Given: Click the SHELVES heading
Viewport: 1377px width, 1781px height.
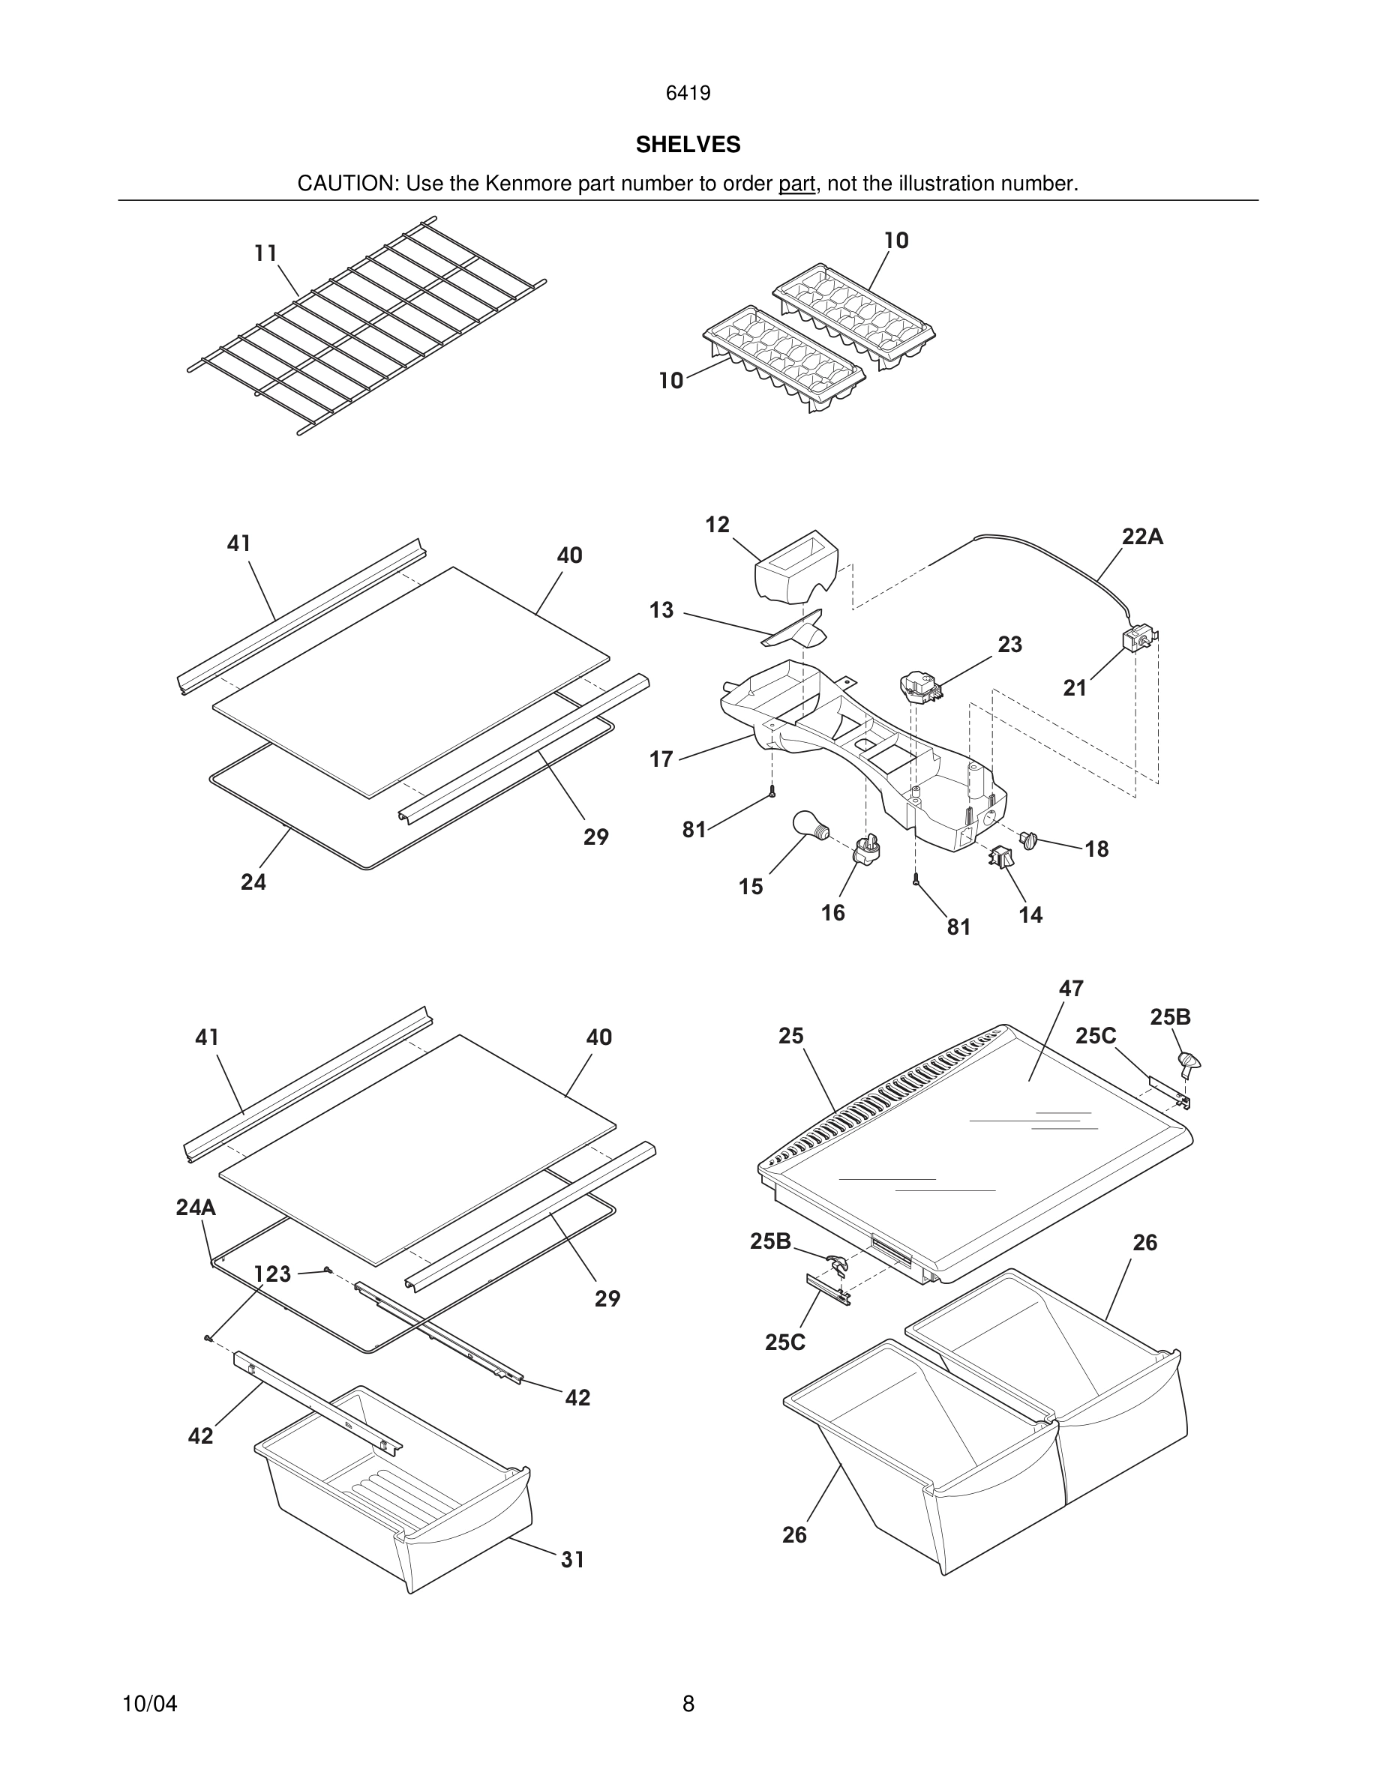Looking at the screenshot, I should (688, 145).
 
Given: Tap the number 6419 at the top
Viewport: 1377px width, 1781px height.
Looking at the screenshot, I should (688, 94).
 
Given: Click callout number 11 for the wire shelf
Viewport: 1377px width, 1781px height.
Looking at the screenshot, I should (265, 253).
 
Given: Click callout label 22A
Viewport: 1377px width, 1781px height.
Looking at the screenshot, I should (1142, 537).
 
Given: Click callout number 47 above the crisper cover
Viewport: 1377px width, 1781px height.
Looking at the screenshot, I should (1070, 989).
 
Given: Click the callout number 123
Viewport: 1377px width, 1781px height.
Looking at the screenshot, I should (272, 1274).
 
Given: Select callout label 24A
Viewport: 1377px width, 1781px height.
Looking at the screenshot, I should (196, 1208).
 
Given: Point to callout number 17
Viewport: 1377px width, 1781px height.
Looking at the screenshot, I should (661, 759).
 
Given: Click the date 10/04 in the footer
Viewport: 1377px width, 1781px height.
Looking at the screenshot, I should (149, 1704).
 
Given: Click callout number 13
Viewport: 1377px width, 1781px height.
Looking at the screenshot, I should (661, 610).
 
